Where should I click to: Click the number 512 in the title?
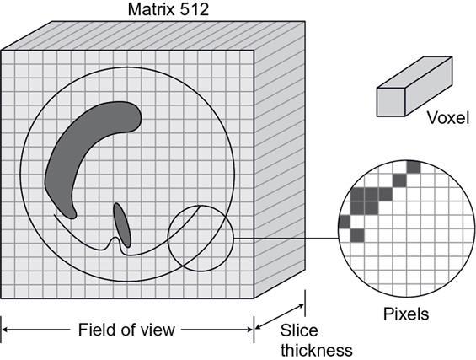(x=194, y=10)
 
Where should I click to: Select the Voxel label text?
(x=448, y=117)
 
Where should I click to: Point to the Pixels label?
(x=406, y=314)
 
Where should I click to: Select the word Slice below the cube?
(x=299, y=330)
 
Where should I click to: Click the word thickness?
(x=317, y=350)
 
